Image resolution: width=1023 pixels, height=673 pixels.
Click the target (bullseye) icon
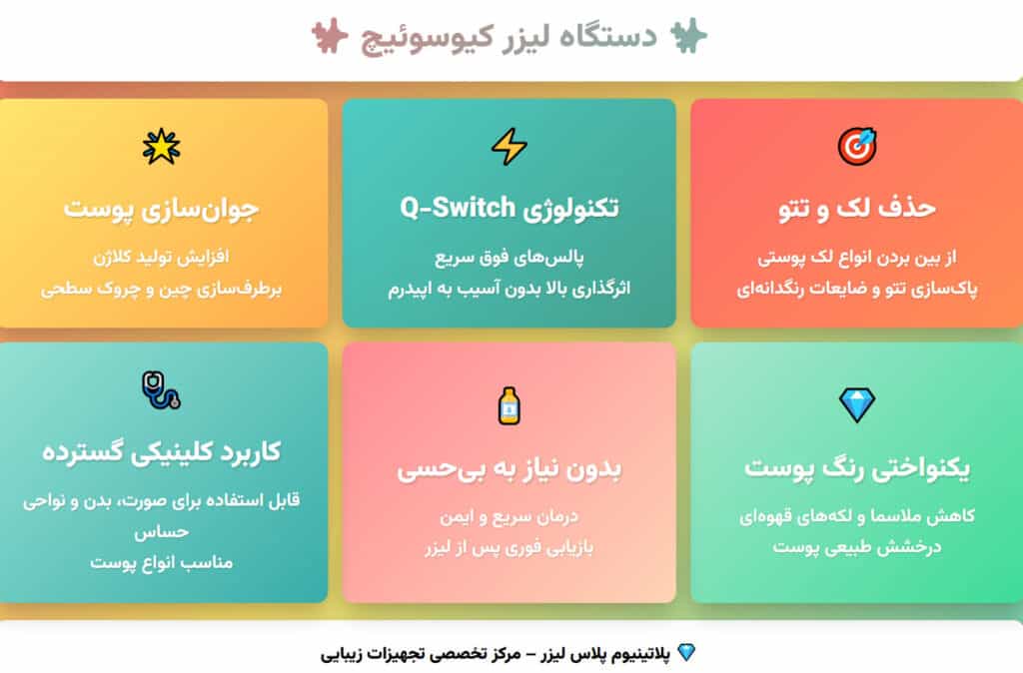(856, 148)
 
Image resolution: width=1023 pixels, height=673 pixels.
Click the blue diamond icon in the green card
(856, 404)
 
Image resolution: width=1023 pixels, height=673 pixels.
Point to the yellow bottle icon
(509, 404)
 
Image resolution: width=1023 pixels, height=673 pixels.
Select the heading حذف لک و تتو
(856, 209)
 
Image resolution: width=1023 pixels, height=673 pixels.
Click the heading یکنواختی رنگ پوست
(856, 467)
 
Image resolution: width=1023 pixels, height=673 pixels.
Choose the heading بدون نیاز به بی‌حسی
(509, 467)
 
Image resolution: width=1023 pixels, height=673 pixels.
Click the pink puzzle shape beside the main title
(327, 37)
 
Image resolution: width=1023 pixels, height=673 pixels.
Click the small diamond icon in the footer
(685, 653)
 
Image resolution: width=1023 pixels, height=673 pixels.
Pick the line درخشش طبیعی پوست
(856, 547)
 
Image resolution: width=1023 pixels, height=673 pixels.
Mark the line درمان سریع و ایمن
(509, 517)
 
